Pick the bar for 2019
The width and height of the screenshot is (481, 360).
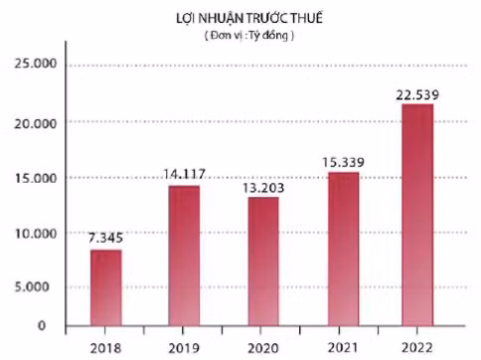tap(183, 255)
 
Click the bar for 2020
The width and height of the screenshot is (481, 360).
tap(263, 261)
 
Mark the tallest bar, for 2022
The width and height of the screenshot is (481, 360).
tap(417, 214)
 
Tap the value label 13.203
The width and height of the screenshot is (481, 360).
tap(262, 185)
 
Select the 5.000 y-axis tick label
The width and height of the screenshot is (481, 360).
tap(35, 288)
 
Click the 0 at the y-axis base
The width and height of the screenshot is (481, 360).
tap(41, 325)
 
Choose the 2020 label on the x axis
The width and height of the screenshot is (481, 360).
tap(263, 346)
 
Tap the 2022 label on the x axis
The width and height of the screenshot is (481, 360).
tap(417, 346)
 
